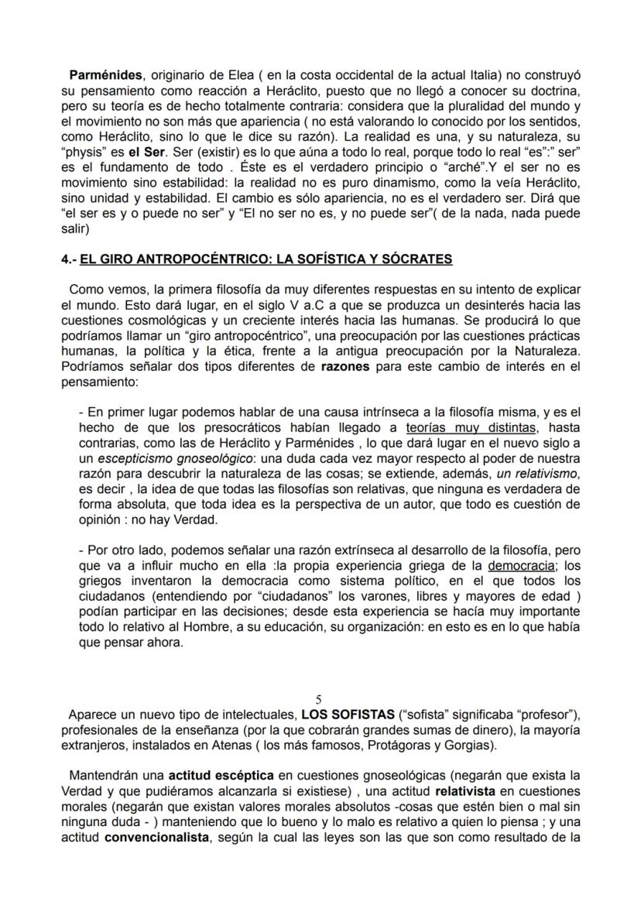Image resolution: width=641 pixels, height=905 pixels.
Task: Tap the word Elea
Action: click(224, 74)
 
